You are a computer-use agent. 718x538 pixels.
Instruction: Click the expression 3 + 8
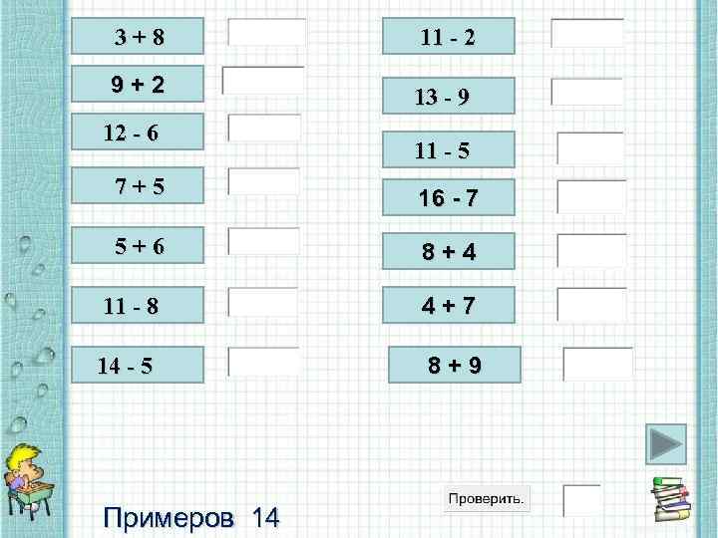141,38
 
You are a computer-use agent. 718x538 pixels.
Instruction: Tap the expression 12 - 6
132,132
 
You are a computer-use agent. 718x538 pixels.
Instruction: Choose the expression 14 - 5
126,366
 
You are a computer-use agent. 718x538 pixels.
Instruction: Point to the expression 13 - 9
443,97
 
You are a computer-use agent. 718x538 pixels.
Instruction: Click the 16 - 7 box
448,197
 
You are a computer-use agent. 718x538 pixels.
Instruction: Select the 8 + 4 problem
448,251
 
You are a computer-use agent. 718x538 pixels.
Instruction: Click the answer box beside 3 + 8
266,33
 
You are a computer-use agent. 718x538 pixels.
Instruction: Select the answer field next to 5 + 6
264,241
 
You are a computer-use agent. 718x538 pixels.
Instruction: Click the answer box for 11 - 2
587,33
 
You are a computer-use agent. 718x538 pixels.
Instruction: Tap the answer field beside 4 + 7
591,304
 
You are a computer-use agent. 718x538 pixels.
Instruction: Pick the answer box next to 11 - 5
590,147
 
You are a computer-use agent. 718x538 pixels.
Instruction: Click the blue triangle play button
665,446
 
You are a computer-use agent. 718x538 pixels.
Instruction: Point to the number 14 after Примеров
265,517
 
